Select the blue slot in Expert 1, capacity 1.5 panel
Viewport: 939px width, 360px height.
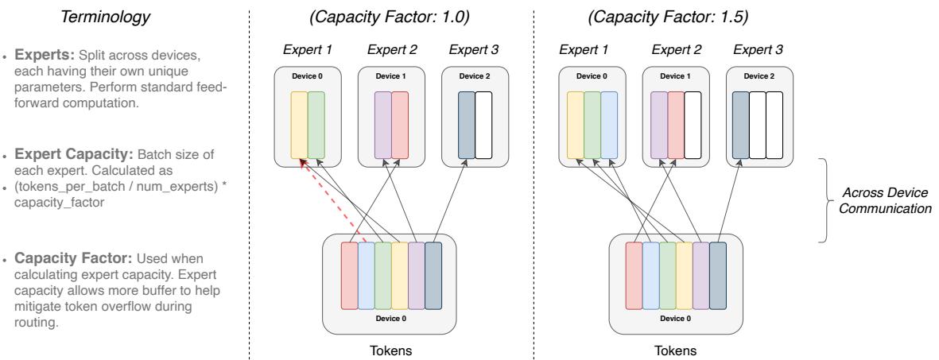[609, 126]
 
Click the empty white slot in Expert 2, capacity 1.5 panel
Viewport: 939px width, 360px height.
[693, 126]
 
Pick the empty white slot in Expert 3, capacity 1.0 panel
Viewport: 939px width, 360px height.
[483, 126]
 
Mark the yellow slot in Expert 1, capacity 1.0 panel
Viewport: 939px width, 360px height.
[298, 126]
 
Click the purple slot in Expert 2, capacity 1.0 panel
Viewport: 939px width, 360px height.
[382, 126]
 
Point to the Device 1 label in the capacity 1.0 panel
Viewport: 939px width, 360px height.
[390, 76]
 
